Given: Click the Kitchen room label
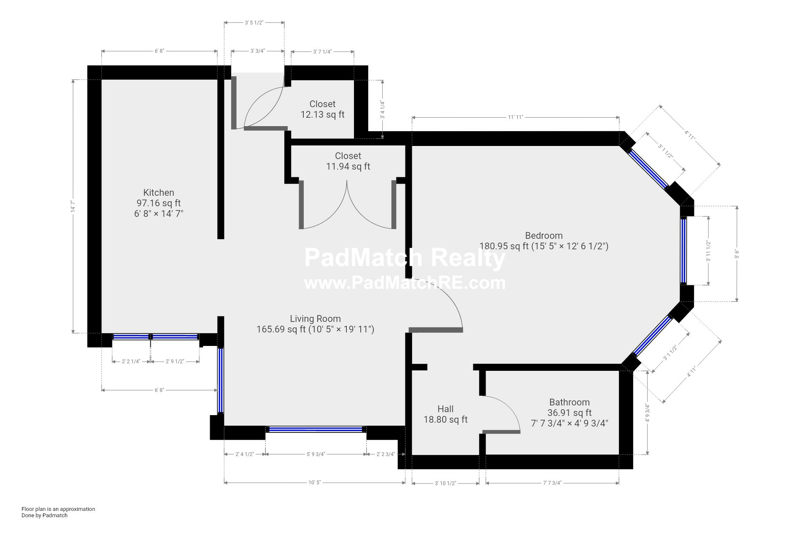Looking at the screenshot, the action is coord(159,193).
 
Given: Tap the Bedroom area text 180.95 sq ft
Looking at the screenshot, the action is coord(504,246).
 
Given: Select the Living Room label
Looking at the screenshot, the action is coord(315,319).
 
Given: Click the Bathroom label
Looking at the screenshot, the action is coord(569,402).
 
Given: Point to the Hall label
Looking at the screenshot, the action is coord(445,409).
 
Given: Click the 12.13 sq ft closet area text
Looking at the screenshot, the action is coord(322,114).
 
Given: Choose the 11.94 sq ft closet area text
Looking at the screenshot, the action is coord(348,166).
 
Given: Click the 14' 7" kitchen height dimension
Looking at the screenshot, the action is coord(73,207).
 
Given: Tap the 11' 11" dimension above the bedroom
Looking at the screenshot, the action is coord(515,117).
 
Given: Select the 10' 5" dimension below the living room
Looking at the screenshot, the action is coord(314,483).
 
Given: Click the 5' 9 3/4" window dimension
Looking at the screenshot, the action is coord(316,454).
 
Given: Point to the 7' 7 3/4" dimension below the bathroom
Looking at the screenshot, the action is coord(552,483).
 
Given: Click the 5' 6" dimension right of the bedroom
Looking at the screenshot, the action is coord(737,254).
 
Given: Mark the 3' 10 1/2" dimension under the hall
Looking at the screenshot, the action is coord(445,483).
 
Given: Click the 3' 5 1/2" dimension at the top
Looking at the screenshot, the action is coord(254,23).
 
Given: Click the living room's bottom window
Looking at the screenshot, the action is coord(316,429).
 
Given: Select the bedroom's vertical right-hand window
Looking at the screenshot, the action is coord(683,251).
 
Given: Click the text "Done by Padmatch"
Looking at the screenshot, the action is coord(44,515).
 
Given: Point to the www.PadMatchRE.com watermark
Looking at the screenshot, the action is coord(405,283).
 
